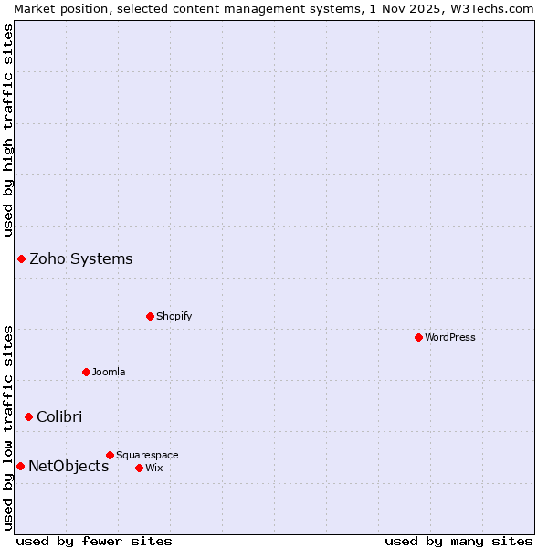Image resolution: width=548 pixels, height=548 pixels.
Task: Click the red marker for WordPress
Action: (x=418, y=337)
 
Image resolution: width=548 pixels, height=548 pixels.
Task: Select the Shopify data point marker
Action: (x=150, y=316)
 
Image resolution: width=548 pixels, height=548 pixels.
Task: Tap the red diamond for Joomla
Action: (x=86, y=372)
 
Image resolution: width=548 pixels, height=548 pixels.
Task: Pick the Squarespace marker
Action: (x=110, y=455)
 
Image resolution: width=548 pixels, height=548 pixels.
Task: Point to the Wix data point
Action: (x=139, y=468)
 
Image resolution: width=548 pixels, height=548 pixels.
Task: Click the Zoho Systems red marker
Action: (x=21, y=258)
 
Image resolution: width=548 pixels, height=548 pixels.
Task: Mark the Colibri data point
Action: (x=28, y=416)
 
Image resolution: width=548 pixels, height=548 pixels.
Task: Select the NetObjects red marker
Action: (x=20, y=466)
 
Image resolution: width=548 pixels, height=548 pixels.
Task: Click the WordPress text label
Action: (x=450, y=337)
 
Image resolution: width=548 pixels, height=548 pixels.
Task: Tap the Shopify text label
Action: (x=174, y=316)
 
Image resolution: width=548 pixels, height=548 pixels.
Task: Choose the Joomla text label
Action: (x=109, y=372)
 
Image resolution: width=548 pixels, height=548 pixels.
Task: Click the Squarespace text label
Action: (x=147, y=455)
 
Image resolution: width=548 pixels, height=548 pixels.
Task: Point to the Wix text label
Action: (x=153, y=468)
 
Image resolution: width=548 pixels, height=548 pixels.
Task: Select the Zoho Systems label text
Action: (x=81, y=258)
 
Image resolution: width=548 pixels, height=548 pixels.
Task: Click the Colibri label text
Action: (x=59, y=416)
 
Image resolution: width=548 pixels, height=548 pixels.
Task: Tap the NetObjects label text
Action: (x=68, y=466)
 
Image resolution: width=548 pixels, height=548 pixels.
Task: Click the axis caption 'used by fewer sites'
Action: (x=94, y=541)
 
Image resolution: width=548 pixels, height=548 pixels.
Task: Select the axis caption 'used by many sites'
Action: (x=458, y=541)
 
